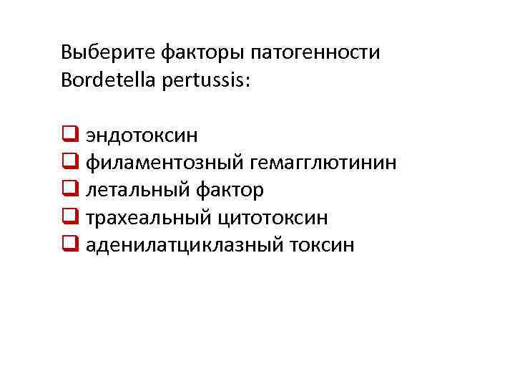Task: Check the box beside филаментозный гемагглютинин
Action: pos(70,162)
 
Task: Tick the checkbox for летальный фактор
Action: pos(70,190)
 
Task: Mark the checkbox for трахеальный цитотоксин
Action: pos(70,217)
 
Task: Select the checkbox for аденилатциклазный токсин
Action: pos(70,245)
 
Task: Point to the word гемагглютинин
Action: pos(323,163)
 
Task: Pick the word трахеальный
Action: pos(146,218)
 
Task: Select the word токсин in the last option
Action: pos(322,246)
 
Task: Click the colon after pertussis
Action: pos(247,81)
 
